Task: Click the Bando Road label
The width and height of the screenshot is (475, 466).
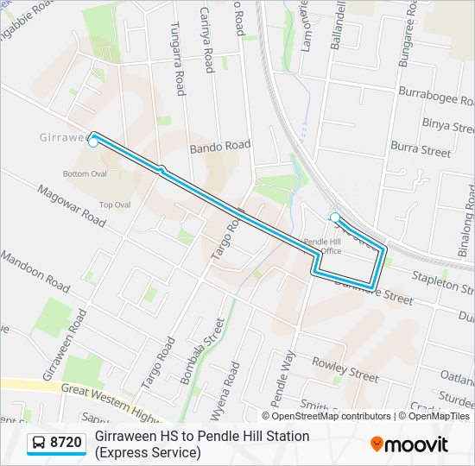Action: (220, 147)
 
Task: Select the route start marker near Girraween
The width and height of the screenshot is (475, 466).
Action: (93, 142)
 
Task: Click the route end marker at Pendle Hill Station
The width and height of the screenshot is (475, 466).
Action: (335, 217)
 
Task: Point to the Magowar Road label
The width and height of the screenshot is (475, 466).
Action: (71, 205)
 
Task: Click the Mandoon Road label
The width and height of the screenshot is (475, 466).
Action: (35, 269)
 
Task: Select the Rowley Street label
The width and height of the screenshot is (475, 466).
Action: (345, 368)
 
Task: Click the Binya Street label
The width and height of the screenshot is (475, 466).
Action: (448, 125)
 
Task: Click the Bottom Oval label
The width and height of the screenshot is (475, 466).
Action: (85, 173)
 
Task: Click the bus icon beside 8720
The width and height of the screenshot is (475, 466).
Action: (39, 444)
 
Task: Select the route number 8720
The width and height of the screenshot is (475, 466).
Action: (66, 444)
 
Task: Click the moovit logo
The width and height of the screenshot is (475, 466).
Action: (409, 444)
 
